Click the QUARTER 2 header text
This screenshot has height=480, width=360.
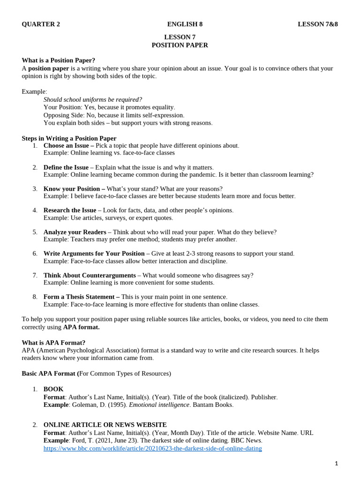tap(41, 24)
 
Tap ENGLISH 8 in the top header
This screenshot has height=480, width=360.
tap(185, 24)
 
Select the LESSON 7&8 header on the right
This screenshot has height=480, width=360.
tap(318, 24)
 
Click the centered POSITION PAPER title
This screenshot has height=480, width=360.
tap(180, 45)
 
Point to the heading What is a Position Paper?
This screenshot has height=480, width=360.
tap(58, 60)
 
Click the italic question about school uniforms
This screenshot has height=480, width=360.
tap(93, 99)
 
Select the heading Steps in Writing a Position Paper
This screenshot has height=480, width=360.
tap(69, 138)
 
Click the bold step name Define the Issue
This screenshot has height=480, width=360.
tap(66, 167)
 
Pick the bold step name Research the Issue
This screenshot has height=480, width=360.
tap(70, 210)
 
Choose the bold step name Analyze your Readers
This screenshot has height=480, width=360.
tap(75, 232)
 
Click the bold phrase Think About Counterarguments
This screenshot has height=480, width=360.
tap(90, 275)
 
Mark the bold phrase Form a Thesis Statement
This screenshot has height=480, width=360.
tap(81, 297)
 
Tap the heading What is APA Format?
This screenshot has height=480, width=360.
tap(53, 343)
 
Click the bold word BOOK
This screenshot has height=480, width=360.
tap(53, 389)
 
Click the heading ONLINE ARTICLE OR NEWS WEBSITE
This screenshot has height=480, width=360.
tap(105, 425)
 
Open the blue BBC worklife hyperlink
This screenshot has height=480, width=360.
tap(153, 449)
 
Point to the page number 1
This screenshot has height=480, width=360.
tap(336, 464)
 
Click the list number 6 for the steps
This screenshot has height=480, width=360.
tap(35, 254)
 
